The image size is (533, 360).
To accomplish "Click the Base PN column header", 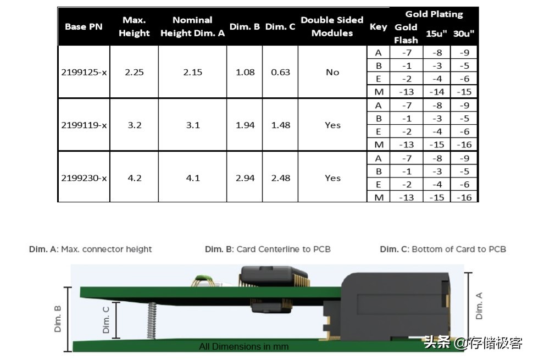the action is pos(84,26).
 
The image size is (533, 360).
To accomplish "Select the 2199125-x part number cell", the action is pos(84,72).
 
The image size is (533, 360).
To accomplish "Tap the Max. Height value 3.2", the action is pos(134,125).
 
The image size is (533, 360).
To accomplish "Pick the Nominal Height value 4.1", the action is pos(193,178).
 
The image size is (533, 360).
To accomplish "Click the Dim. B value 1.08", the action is pos(245,72).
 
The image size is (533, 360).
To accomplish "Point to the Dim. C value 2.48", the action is pos(281,178).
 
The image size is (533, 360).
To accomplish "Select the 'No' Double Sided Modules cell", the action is pos(332,72).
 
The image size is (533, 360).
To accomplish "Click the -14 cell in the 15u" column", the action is pos(437,92).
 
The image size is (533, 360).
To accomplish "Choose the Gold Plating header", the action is pos(434,14).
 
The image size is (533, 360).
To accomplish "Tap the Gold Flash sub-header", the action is pos(406,34).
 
